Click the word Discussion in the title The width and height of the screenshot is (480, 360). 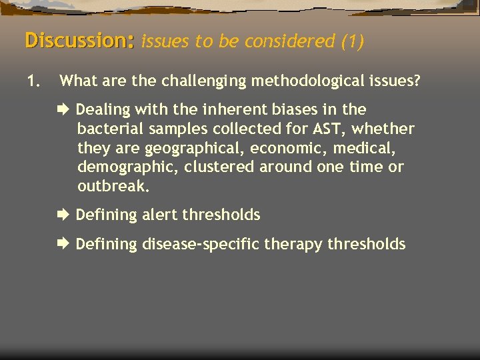click(79, 40)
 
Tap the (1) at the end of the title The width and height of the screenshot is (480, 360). click(353, 41)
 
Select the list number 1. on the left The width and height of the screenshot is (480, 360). click(33, 82)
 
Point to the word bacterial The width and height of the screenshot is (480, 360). click(106, 129)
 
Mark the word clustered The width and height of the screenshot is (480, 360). click(213, 167)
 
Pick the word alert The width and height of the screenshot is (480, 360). click(159, 215)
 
